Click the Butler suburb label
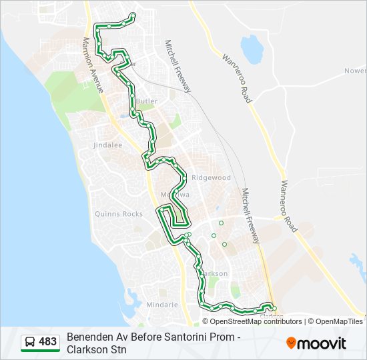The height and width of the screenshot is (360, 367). tap(147, 101)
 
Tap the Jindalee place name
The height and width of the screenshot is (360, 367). tap(108, 144)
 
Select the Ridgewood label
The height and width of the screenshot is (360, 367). tap(211, 178)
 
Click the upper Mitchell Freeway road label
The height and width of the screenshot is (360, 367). tap(177, 65)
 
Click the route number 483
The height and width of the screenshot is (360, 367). tap(47, 342)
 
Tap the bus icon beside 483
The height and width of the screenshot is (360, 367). tap(30, 342)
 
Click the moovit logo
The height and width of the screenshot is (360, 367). tap(316, 343)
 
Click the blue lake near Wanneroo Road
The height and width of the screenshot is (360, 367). tap(251, 47)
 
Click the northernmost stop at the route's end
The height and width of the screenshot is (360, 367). tap(133, 15)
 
